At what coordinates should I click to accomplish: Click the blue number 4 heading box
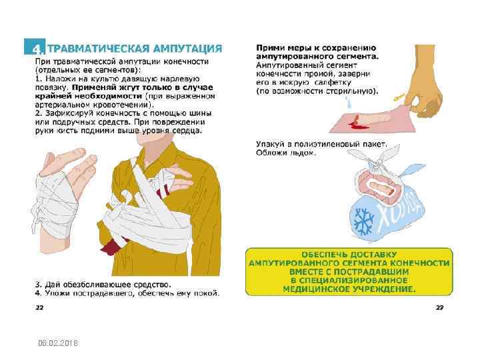pos(35,47)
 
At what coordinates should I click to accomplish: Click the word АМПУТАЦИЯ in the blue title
pos(187,49)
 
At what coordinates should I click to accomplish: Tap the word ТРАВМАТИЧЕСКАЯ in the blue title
pos(99,49)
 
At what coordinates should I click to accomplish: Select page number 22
pos(39,307)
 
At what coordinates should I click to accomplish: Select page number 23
pos(439,307)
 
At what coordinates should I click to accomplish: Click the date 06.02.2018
pos(58,343)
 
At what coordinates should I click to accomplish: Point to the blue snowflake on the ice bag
pos(363,221)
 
